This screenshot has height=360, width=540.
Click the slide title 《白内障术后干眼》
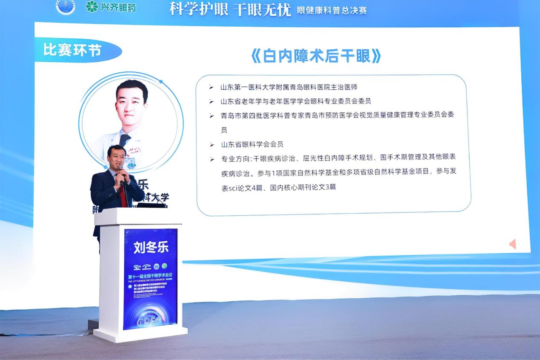coord(315,56)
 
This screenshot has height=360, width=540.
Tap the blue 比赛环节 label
coord(72,50)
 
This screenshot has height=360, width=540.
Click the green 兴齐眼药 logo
coord(111,7)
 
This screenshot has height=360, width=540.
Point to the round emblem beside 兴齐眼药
coord(66,6)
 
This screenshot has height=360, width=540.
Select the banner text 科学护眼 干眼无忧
coord(230,9)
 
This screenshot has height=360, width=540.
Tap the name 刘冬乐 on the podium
coord(151,248)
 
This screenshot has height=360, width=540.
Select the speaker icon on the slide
coord(513,244)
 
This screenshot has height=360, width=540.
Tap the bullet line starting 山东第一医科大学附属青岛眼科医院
coord(291,87)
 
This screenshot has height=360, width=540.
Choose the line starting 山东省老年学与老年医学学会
coord(296,101)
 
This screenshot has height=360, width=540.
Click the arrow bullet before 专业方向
coord(211,159)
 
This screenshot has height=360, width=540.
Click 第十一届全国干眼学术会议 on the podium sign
coord(150,277)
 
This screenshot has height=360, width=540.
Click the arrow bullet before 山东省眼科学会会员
coord(211,145)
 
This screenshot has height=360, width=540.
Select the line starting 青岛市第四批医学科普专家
coord(338,115)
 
